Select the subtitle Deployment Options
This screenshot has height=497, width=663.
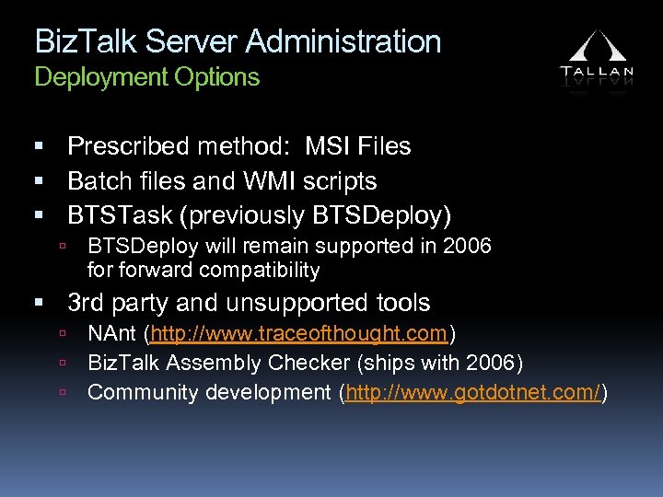[147, 77]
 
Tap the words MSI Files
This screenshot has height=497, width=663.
[358, 146]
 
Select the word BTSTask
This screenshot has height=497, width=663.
[120, 215]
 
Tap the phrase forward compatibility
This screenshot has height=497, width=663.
[204, 271]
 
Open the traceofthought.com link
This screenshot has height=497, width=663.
[300, 333]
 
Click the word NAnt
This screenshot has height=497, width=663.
[112, 333]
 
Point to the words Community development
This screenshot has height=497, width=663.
[211, 393]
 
